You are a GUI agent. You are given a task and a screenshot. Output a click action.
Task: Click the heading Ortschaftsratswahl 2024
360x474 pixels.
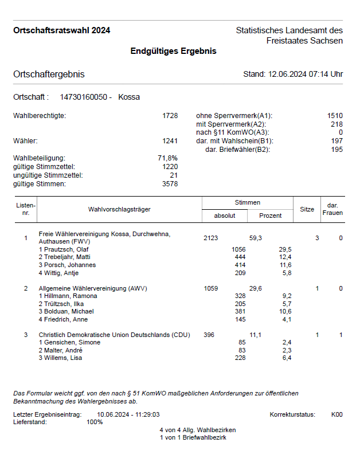pos(62,30)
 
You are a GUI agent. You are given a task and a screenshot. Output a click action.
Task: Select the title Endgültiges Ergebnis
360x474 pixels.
pos(173,51)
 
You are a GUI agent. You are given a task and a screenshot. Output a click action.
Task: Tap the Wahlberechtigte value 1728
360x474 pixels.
pos(170,116)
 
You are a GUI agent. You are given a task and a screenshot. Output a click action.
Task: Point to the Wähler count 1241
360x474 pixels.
pos(170,140)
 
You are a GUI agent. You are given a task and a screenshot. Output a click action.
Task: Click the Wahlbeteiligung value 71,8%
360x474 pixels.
pos(167,158)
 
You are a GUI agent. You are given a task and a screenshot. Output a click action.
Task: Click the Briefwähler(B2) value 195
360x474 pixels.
pos(336,150)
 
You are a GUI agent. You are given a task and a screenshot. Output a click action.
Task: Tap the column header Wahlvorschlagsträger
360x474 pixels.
pos(119,210)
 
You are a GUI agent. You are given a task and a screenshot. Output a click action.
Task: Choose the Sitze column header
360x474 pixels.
pos(307,210)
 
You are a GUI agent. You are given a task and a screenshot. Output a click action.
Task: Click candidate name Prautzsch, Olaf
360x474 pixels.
pos(66,249)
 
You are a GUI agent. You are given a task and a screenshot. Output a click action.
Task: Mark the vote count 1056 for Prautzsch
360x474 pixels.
pos(238,249)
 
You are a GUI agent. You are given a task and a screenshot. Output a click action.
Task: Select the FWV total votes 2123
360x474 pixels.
pos(211,238)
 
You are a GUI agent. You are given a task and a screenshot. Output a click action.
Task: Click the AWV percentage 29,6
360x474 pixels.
pos(255,288)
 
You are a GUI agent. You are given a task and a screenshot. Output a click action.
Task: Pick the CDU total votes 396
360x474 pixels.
pos(209,335)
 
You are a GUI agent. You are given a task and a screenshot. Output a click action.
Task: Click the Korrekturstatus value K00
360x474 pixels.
pos(336,414)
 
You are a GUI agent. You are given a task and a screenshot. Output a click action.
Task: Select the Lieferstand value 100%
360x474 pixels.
pos(95,422)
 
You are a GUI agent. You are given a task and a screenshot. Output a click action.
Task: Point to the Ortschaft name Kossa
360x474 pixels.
pos(129,97)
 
